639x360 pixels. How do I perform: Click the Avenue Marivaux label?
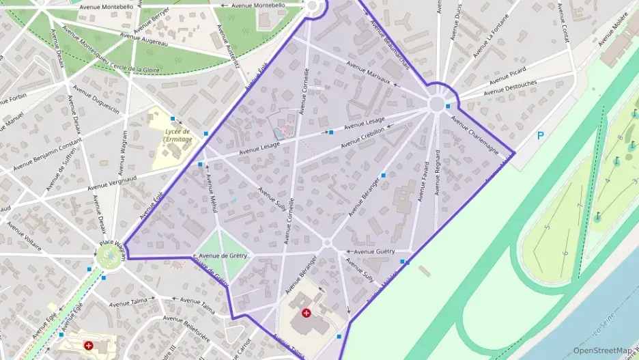pos(369,73)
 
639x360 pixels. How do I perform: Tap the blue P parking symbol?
pos(540,136)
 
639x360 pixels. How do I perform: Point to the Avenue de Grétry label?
pos(225,255)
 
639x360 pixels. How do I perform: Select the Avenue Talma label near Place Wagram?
pos(128,302)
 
